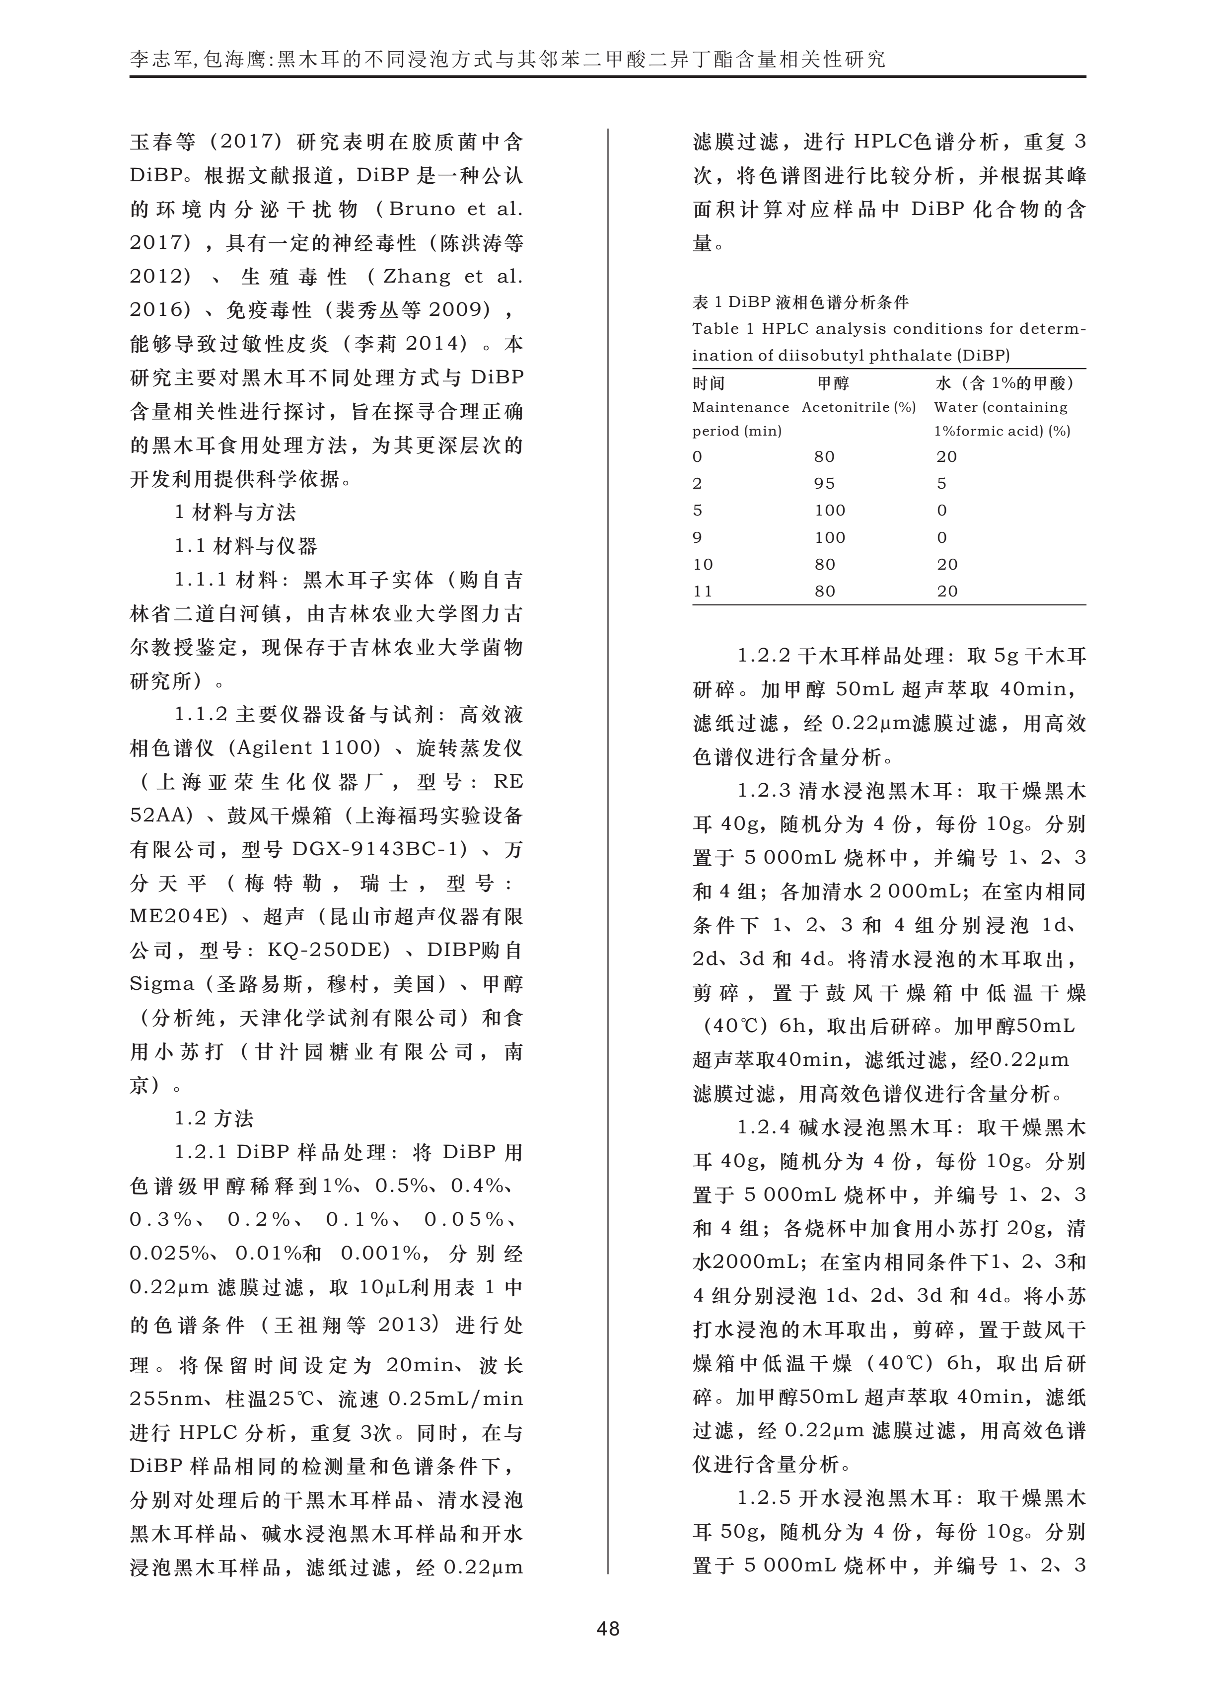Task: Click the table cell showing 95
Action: tap(824, 484)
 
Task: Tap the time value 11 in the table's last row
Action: tap(703, 592)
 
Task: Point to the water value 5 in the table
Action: tap(942, 484)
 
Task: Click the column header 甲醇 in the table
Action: tap(833, 383)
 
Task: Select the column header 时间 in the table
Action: tap(709, 383)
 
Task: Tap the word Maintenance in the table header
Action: tap(740, 407)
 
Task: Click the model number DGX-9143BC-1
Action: tap(380, 849)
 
